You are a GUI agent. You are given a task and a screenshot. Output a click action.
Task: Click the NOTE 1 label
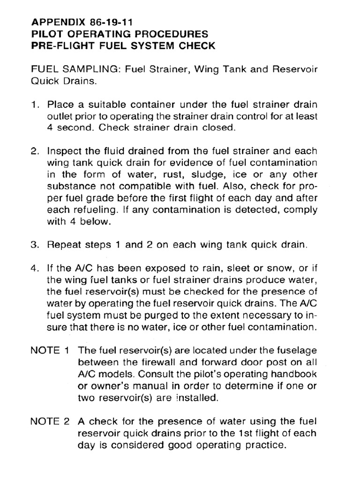pyautogui.click(x=50, y=350)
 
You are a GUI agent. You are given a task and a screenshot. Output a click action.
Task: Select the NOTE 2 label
pyautogui.click(x=50, y=421)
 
